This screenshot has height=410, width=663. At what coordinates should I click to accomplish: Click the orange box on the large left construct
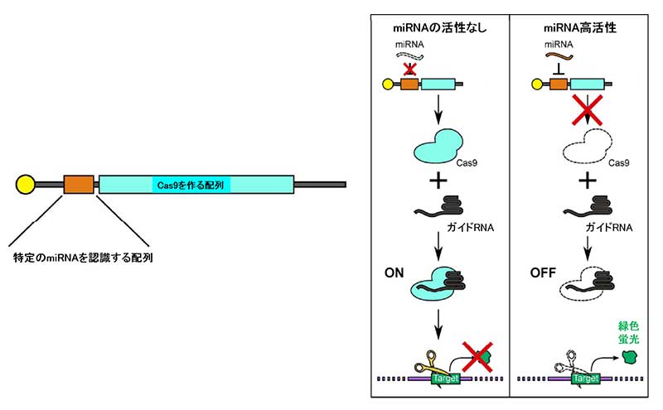point(80,184)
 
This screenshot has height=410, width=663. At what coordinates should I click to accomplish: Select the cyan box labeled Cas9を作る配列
point(196,184)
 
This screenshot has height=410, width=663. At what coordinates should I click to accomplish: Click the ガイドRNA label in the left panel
point(470,225)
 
